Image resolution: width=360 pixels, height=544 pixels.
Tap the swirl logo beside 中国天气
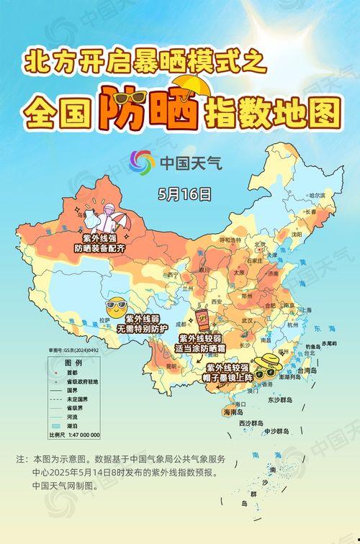tap(143, 162)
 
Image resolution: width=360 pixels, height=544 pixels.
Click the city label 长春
tap(310, 212)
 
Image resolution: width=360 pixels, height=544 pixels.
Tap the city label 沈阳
tap(296, 234)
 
